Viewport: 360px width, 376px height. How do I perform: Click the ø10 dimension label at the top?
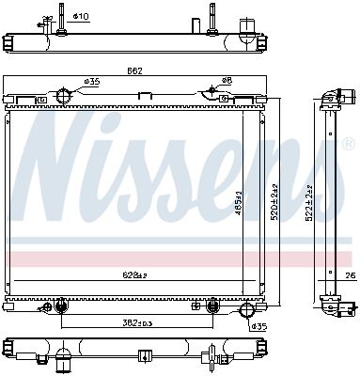82,17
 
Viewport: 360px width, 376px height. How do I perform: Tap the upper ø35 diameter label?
92,83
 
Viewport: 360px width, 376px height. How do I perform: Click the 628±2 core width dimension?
135,274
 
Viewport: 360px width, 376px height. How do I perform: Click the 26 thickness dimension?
349,274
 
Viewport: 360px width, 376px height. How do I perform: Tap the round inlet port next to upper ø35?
63,96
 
